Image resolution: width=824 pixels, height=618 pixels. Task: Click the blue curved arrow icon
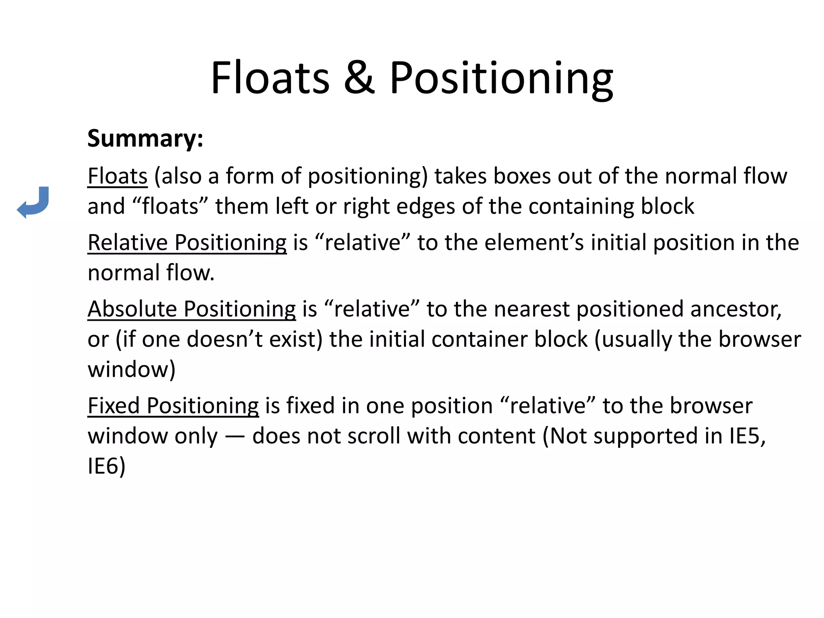tap(33, 202)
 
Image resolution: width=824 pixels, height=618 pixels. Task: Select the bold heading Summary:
tap(145, 138)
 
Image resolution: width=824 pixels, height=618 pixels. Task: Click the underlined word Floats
tap(117, 176)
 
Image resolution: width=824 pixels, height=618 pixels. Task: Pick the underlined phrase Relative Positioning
tap(187, 243)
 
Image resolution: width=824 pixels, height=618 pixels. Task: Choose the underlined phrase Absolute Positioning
tap(192, 309)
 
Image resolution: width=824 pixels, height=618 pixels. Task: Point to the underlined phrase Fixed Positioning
tap(173, 406)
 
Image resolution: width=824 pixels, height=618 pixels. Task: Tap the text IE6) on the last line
tap(107, 466)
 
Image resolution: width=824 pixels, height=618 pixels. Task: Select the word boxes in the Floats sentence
tap(522, 176)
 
